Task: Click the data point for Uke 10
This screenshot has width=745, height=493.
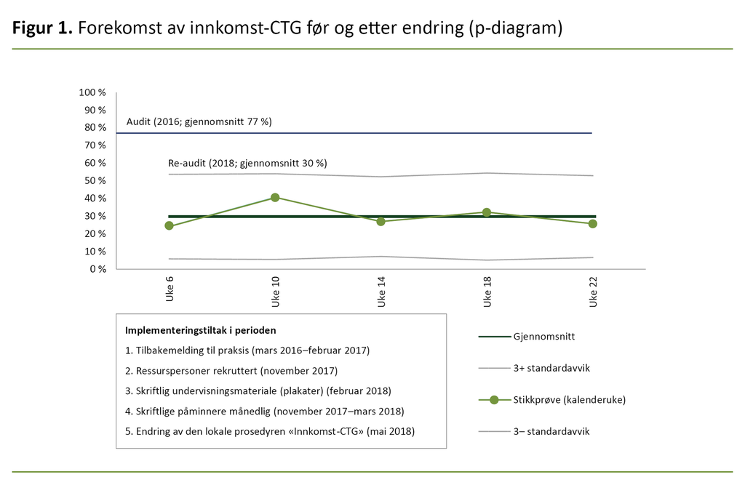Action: (x=275, y=198)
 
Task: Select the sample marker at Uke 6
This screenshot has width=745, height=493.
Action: (x=170, y=225)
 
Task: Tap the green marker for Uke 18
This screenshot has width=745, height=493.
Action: (x=487, y=212)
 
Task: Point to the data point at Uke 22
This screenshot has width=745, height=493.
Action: (x=593, y=224)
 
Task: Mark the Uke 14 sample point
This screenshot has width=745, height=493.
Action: (x=381, y=221)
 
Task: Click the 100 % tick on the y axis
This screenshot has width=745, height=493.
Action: (x=94, y=92)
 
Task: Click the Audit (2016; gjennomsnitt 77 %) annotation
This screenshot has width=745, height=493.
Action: (x=199, y=121)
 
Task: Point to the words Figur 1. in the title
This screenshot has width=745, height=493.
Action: (x=42, y=29)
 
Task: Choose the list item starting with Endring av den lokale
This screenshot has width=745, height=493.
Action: (x=270, y=431)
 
